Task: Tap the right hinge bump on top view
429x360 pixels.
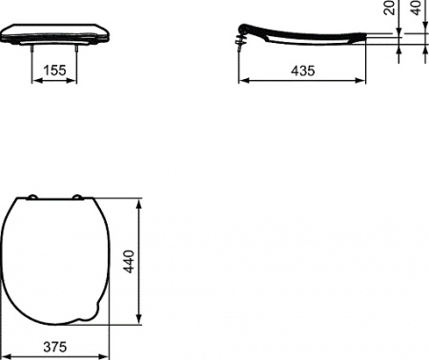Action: click(76, 197)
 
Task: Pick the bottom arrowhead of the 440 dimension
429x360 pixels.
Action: click(141, 320)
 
